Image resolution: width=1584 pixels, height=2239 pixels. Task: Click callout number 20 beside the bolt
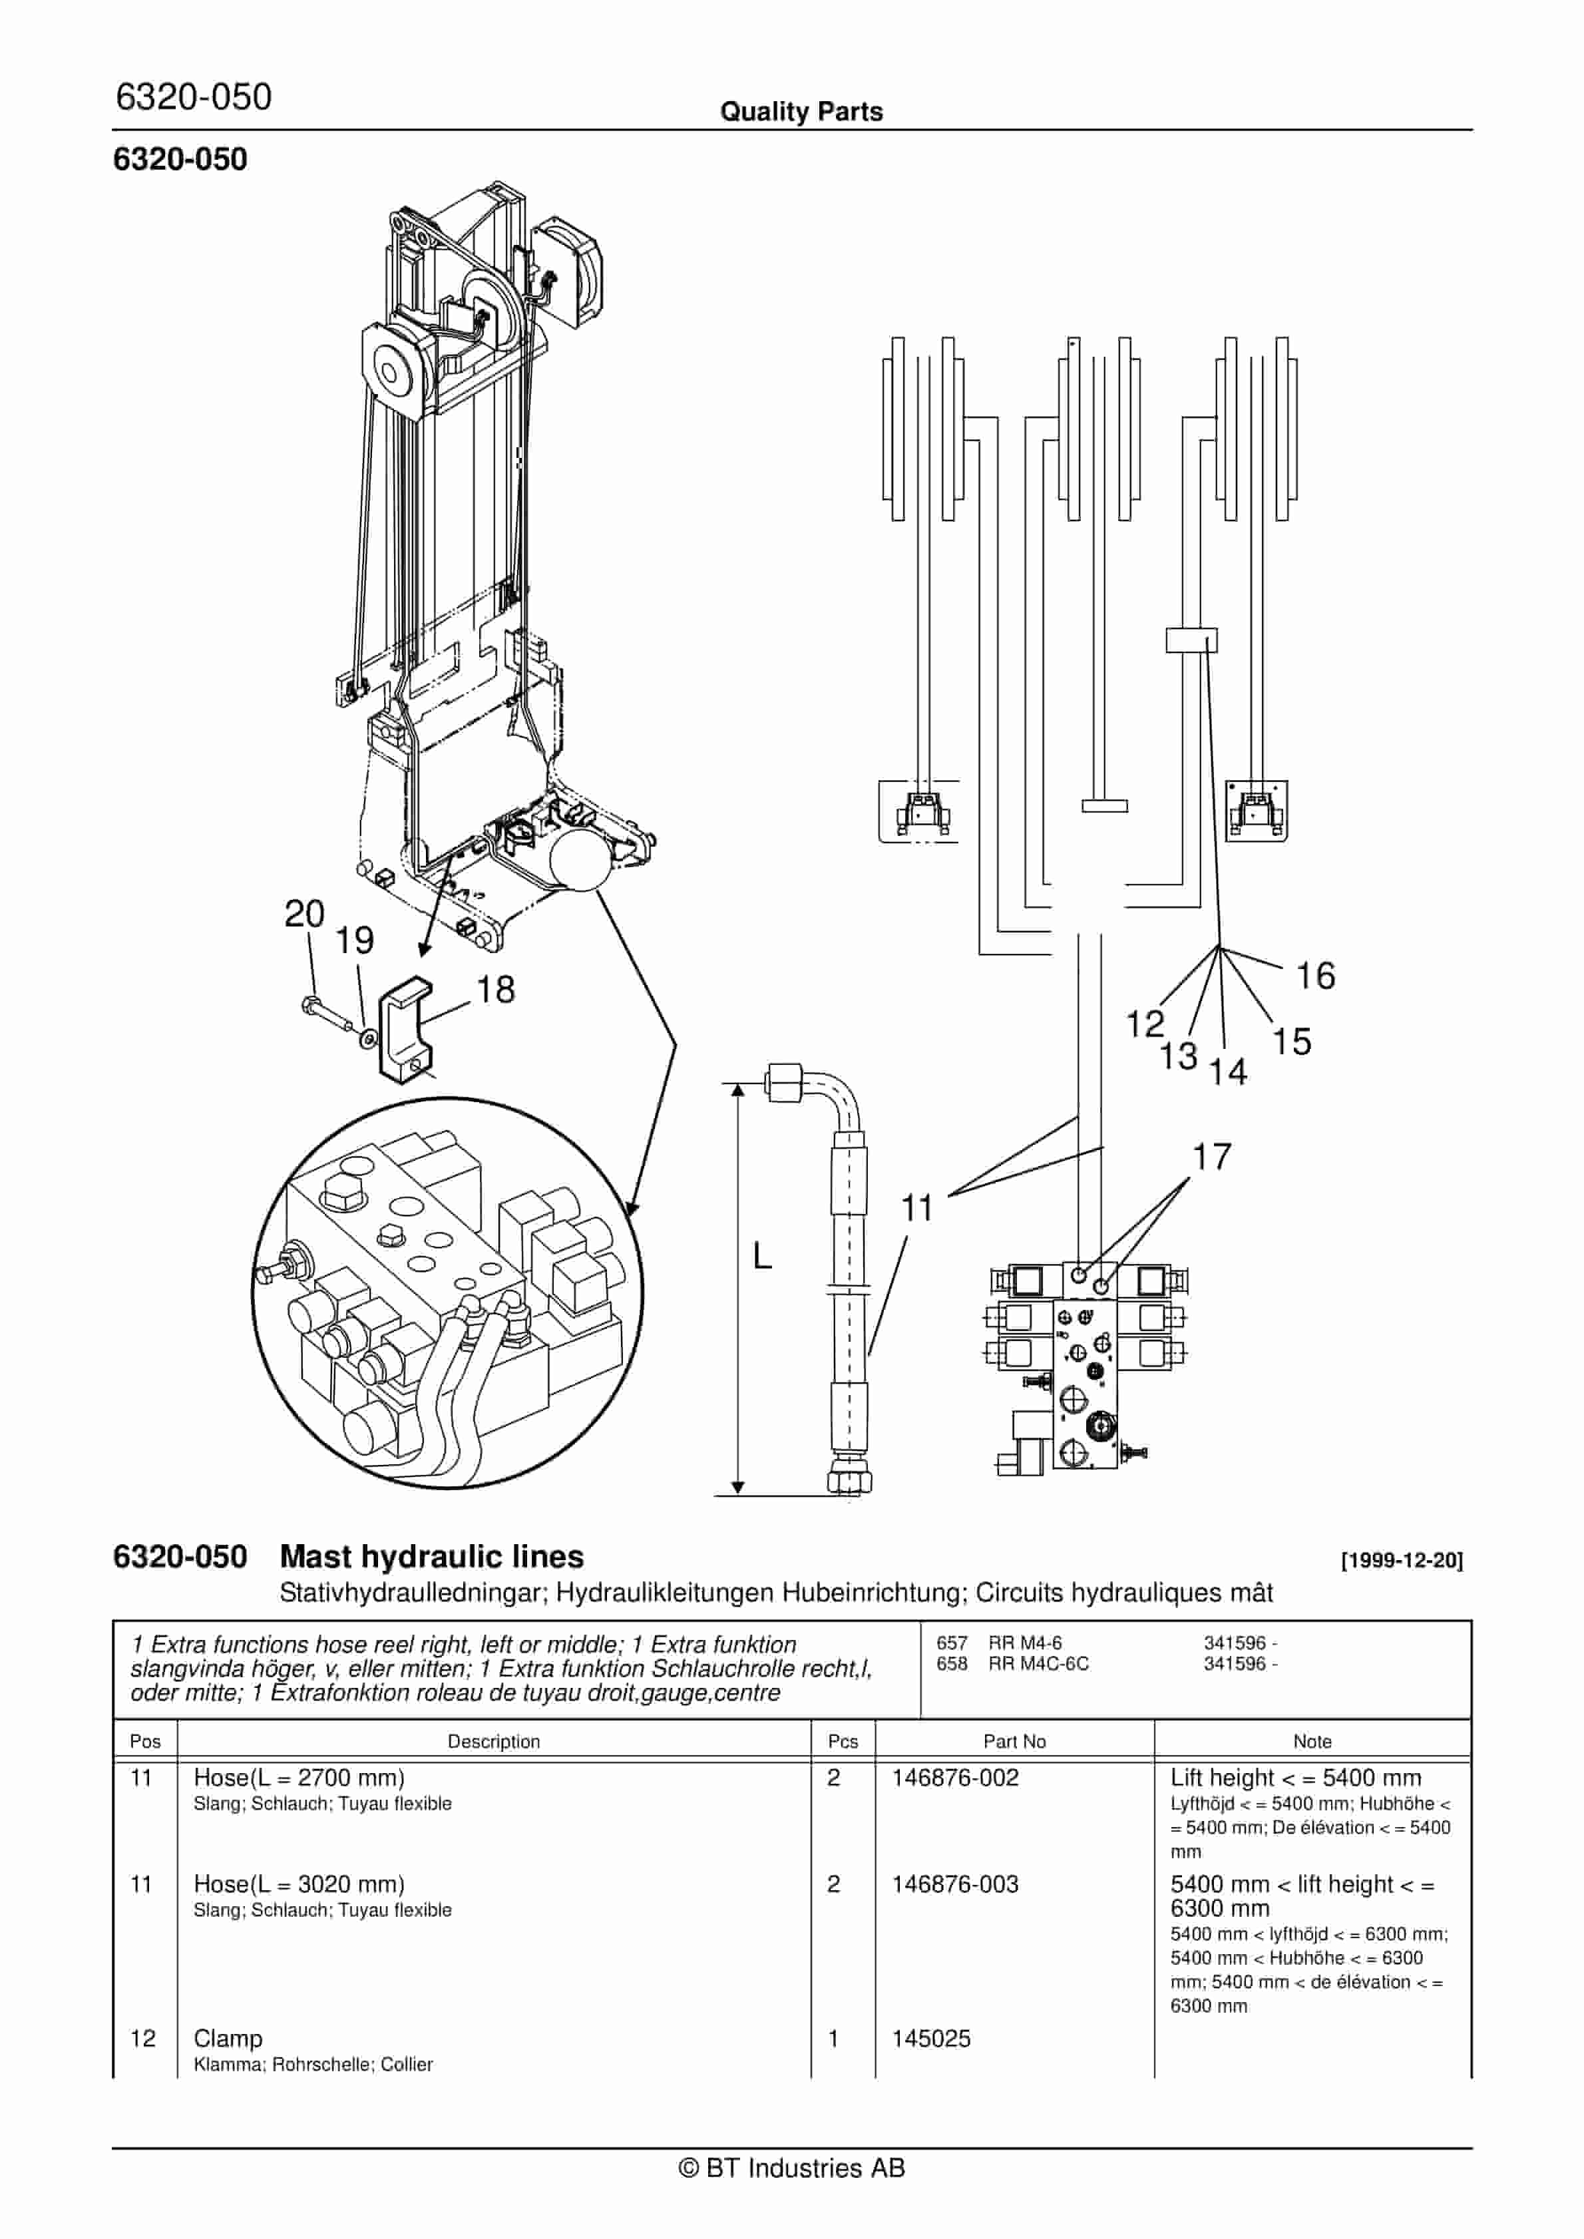click(x=303, y=914)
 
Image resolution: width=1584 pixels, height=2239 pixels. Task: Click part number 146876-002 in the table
click(x=955, y=1778)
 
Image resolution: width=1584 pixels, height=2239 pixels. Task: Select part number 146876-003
click(x=955, y=1884)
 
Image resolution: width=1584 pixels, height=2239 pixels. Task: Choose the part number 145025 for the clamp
click(x=932, y=2038)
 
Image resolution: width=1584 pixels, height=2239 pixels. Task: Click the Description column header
click(x=494, y=1742)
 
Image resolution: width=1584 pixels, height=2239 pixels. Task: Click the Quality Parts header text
click(x=801, y=112)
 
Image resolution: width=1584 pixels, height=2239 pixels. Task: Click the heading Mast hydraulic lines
click(x=431, y=1557)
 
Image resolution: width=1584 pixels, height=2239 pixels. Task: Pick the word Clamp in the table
click(x=228, y=2038)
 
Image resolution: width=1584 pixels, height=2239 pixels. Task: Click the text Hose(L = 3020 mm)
click(x=298, y=1884)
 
